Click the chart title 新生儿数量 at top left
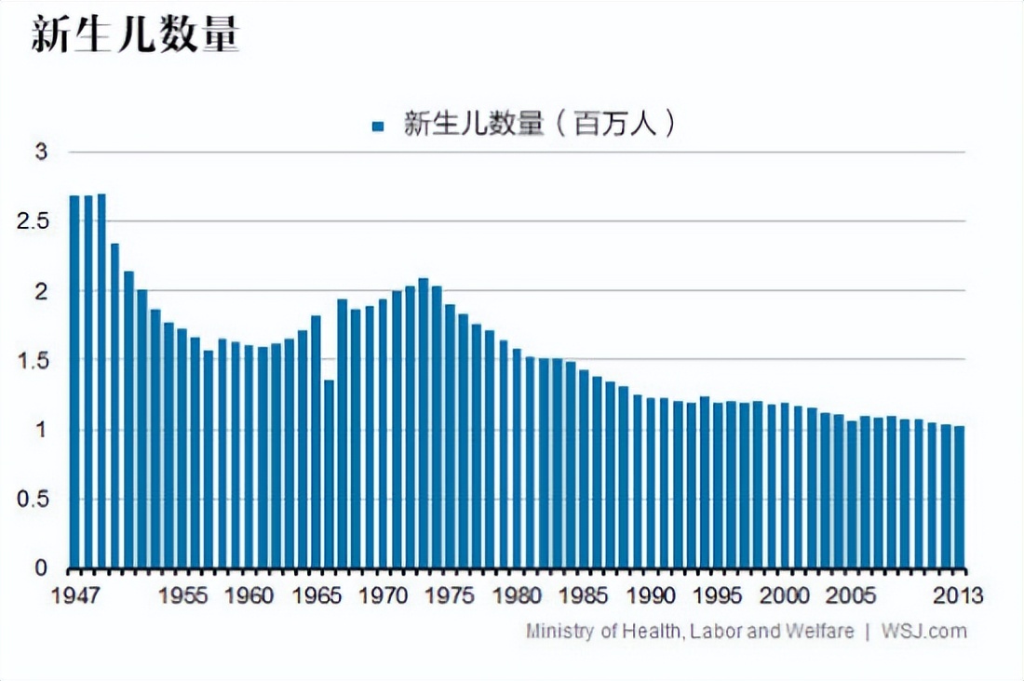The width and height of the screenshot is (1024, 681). pos(135,35)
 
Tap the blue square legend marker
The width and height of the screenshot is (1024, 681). pos(377,126)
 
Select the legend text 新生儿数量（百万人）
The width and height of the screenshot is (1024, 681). pos(538,125)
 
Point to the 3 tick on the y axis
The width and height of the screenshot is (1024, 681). pos(40,152)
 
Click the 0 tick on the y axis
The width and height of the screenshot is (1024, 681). pos(40,567)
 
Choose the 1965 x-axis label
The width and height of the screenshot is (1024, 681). pos(316,594)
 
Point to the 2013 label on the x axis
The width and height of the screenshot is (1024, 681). pos(959,594)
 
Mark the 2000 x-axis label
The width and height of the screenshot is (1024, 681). pos(785,594)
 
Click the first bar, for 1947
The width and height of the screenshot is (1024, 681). pos(74,381)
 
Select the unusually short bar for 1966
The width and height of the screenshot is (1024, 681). pos(329,474)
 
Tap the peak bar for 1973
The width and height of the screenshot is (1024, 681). pos(423,423)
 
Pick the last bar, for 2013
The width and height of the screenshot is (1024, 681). pos(959,497)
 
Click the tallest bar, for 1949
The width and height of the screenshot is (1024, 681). pos(101,381)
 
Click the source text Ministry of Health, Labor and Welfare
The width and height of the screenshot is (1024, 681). pos(689,631)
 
